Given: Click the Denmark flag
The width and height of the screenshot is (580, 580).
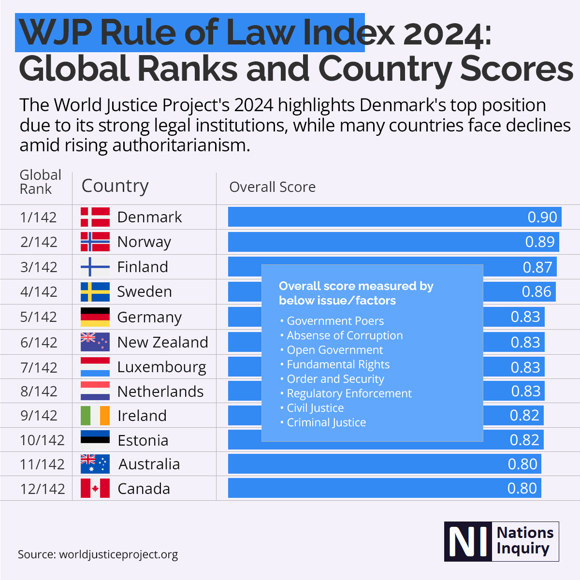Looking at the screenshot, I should point(95,217).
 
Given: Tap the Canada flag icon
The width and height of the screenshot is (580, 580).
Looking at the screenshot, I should point(95,488).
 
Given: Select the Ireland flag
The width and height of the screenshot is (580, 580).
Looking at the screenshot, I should point(95,415).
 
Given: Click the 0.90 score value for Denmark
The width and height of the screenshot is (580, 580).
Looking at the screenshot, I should point(542,217).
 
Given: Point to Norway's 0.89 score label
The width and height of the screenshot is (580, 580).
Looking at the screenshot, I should point(540,242).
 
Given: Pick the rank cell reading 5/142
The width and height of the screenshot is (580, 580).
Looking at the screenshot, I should point(39,317).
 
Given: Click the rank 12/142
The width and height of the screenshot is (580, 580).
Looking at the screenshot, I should point(43,489).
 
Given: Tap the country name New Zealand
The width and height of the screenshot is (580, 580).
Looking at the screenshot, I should point(162,342).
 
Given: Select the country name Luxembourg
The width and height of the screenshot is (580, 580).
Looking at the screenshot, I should point(161,367).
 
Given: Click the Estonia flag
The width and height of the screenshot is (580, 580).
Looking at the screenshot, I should point(95,440).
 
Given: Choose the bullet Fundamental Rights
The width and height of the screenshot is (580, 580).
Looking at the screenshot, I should point(338,364).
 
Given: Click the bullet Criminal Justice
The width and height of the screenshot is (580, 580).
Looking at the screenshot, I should point(326,422).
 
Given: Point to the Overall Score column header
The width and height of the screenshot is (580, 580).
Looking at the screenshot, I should point(272,187).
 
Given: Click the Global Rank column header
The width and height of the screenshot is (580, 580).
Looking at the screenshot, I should point(40,182).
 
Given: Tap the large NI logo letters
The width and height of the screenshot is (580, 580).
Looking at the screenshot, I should point(467,542).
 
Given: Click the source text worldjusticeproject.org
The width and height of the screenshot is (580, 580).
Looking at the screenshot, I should point(118,554).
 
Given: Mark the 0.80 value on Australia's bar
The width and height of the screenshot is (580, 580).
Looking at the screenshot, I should point(522,464).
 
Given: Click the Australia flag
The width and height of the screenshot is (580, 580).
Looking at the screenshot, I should point(95,464).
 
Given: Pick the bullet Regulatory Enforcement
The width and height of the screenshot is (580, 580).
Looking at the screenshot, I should point(349,393).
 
